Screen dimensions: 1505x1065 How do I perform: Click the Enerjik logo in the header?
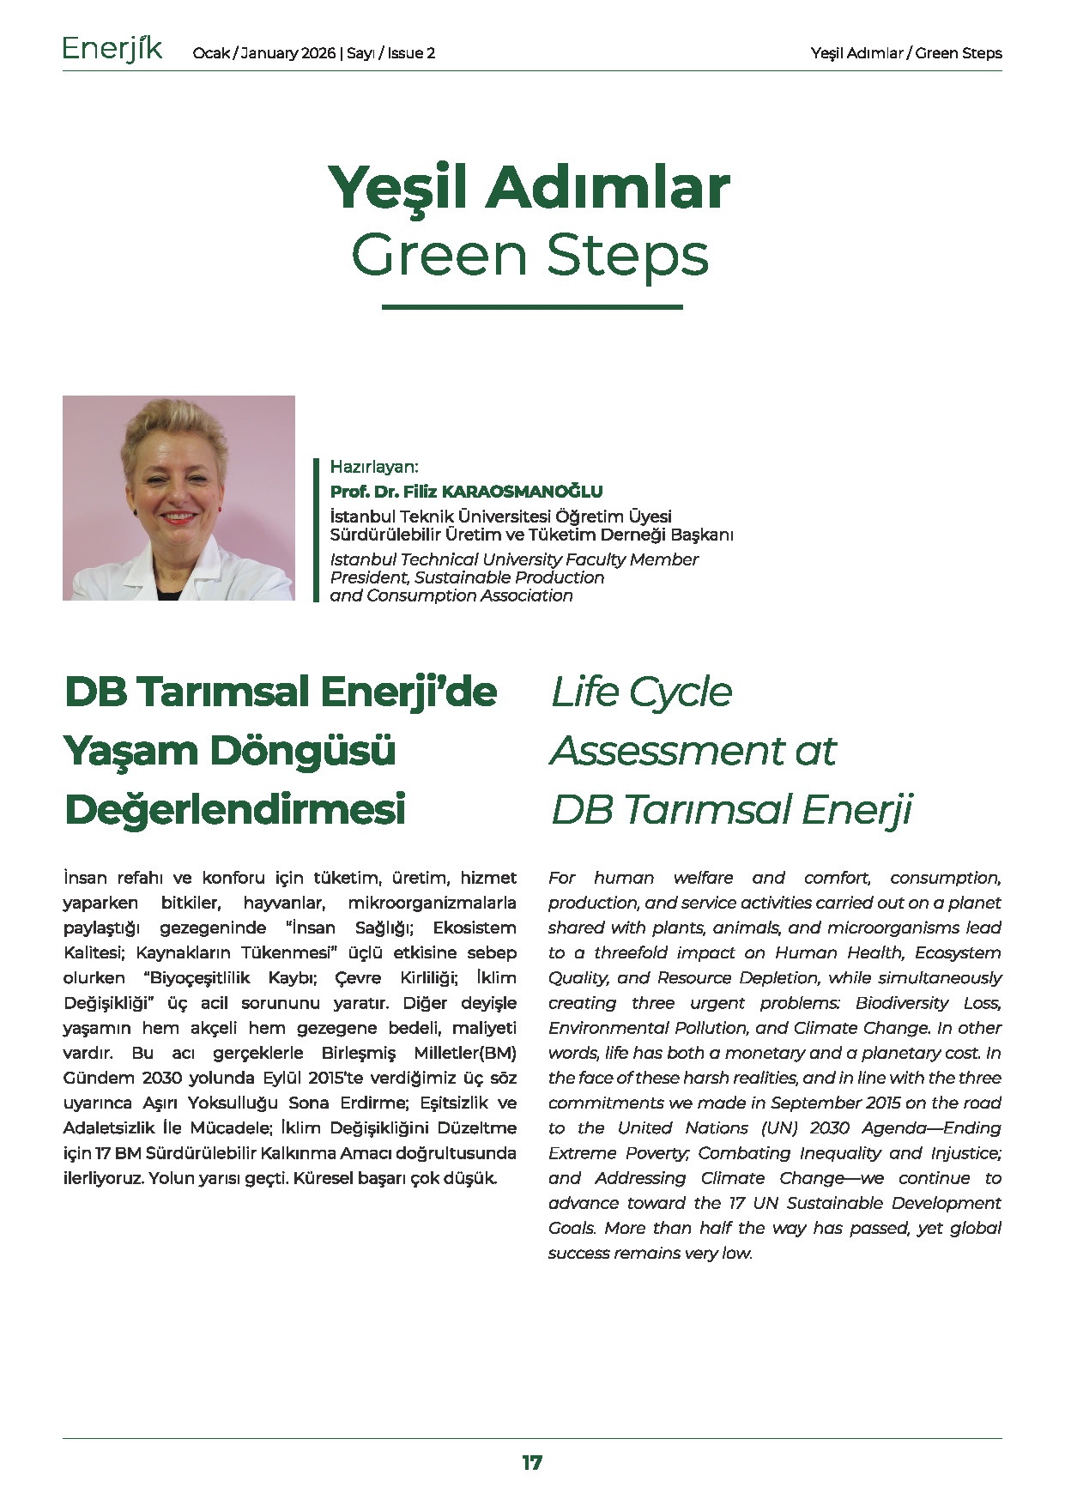click(x=112, y=50)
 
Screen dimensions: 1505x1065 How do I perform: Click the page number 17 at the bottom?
click(x=532, y=1463)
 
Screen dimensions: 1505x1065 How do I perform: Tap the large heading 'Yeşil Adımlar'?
click(x=529, y=187)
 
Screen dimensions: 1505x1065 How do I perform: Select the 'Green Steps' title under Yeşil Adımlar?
click(x=530, y=255)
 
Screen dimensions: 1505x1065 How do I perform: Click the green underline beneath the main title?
click(x=532, y=306)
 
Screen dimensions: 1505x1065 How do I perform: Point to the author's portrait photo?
click(x=179, y=498)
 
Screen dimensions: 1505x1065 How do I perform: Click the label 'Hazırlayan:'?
click(x=374, y=467)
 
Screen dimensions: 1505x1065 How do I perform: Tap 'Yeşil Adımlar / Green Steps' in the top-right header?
click(x=906, y=53)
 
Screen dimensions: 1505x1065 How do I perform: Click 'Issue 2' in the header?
click(x=411, y=53)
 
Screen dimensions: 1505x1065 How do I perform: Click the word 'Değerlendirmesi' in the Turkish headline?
click(x=235, y=809)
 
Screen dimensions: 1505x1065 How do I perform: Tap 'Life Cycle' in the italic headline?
click(x=642, y=692)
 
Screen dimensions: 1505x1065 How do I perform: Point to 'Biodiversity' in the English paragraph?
click(x=902, y=1002)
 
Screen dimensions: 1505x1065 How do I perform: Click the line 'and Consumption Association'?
click(x=451, y=595)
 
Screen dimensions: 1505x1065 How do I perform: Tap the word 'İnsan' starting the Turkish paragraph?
click(x=85, y=878)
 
